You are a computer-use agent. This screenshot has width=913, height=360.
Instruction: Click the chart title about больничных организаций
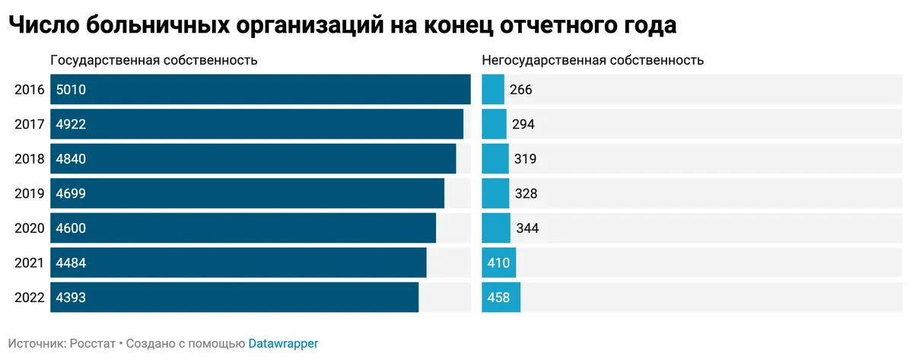pos(342,25)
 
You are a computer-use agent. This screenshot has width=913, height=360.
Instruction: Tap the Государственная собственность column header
pos(154,60)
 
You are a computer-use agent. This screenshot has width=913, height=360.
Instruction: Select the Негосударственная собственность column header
pos(593,60)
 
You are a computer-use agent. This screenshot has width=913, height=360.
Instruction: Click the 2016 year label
pos(30,90)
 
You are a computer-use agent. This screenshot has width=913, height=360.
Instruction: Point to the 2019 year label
pos(30,193)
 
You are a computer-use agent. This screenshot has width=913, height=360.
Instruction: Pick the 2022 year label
pos(30,298)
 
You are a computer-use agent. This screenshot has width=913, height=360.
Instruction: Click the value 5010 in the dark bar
pos(71,90)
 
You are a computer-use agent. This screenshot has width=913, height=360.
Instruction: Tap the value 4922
pos(71,124)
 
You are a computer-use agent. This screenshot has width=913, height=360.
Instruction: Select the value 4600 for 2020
pos(71,228)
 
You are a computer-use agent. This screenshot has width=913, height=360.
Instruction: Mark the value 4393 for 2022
pos(71,298)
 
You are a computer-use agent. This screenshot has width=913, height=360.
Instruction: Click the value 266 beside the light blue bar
pos(520,90)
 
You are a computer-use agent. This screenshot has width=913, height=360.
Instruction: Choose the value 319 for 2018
pos(525,159)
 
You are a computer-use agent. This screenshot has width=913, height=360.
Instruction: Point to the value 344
pos(527,228)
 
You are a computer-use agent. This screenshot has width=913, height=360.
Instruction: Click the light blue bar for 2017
pos(494,124)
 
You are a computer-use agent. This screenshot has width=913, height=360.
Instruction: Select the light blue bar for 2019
pos(495,193)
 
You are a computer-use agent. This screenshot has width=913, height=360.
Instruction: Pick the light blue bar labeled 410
pos(499,263)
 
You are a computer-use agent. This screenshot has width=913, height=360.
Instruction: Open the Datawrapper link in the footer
pos(283,343)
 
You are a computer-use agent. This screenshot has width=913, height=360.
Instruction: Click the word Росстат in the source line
pos(93,343)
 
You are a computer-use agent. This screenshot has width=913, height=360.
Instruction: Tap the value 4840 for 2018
pos(71,159)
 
